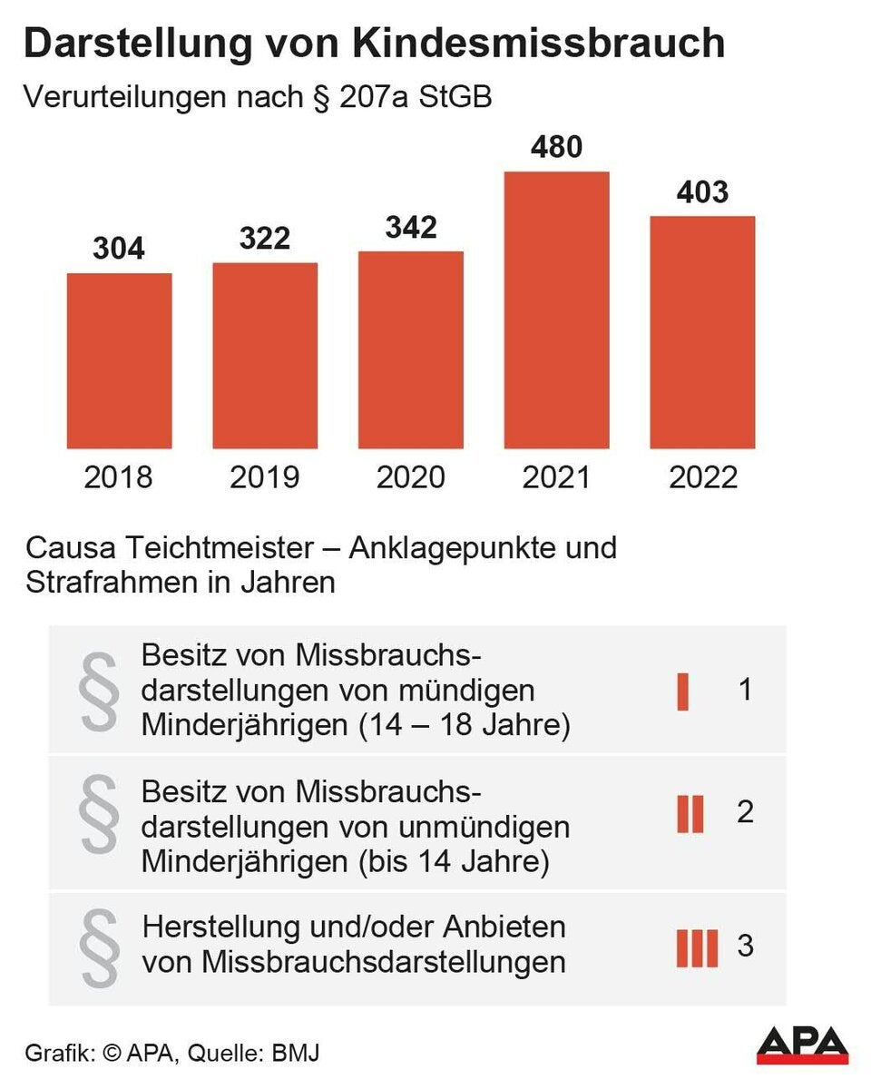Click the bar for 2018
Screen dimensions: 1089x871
click(120, 360)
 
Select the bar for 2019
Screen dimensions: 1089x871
click(265, 356)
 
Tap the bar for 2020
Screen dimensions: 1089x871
click(411, 349)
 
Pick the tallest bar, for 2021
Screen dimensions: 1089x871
click(556, 309)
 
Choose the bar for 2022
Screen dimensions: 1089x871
click(702, 332)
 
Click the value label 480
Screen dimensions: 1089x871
click(555, 146)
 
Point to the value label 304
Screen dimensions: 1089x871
click(119, 248)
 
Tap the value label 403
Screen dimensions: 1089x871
click(702, 191)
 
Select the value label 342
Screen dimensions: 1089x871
click(410, 226)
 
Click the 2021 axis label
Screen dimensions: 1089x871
click(556, 477)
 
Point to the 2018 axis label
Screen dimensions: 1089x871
click(119, 477)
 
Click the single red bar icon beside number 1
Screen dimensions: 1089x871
click(683, 692)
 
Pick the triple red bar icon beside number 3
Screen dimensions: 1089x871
click(697, 947)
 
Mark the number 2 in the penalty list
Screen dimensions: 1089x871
click(745, 811)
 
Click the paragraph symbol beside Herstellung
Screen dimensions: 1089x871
click(100, 949)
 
